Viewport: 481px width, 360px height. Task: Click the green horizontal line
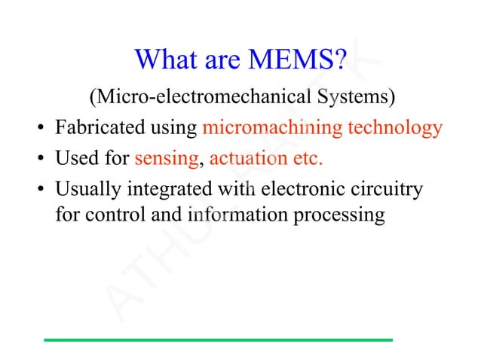pyautogui.click(x=219, y=340)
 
